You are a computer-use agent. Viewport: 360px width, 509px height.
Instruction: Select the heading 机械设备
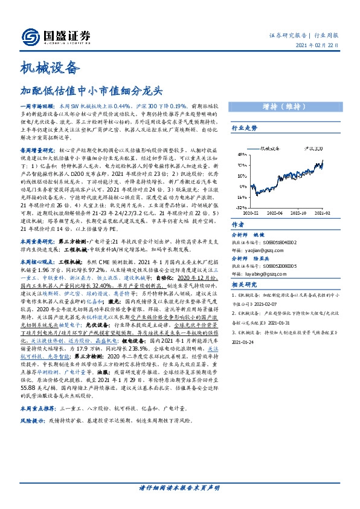(50, 66)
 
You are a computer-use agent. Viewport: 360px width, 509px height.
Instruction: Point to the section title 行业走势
(245, 128)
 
